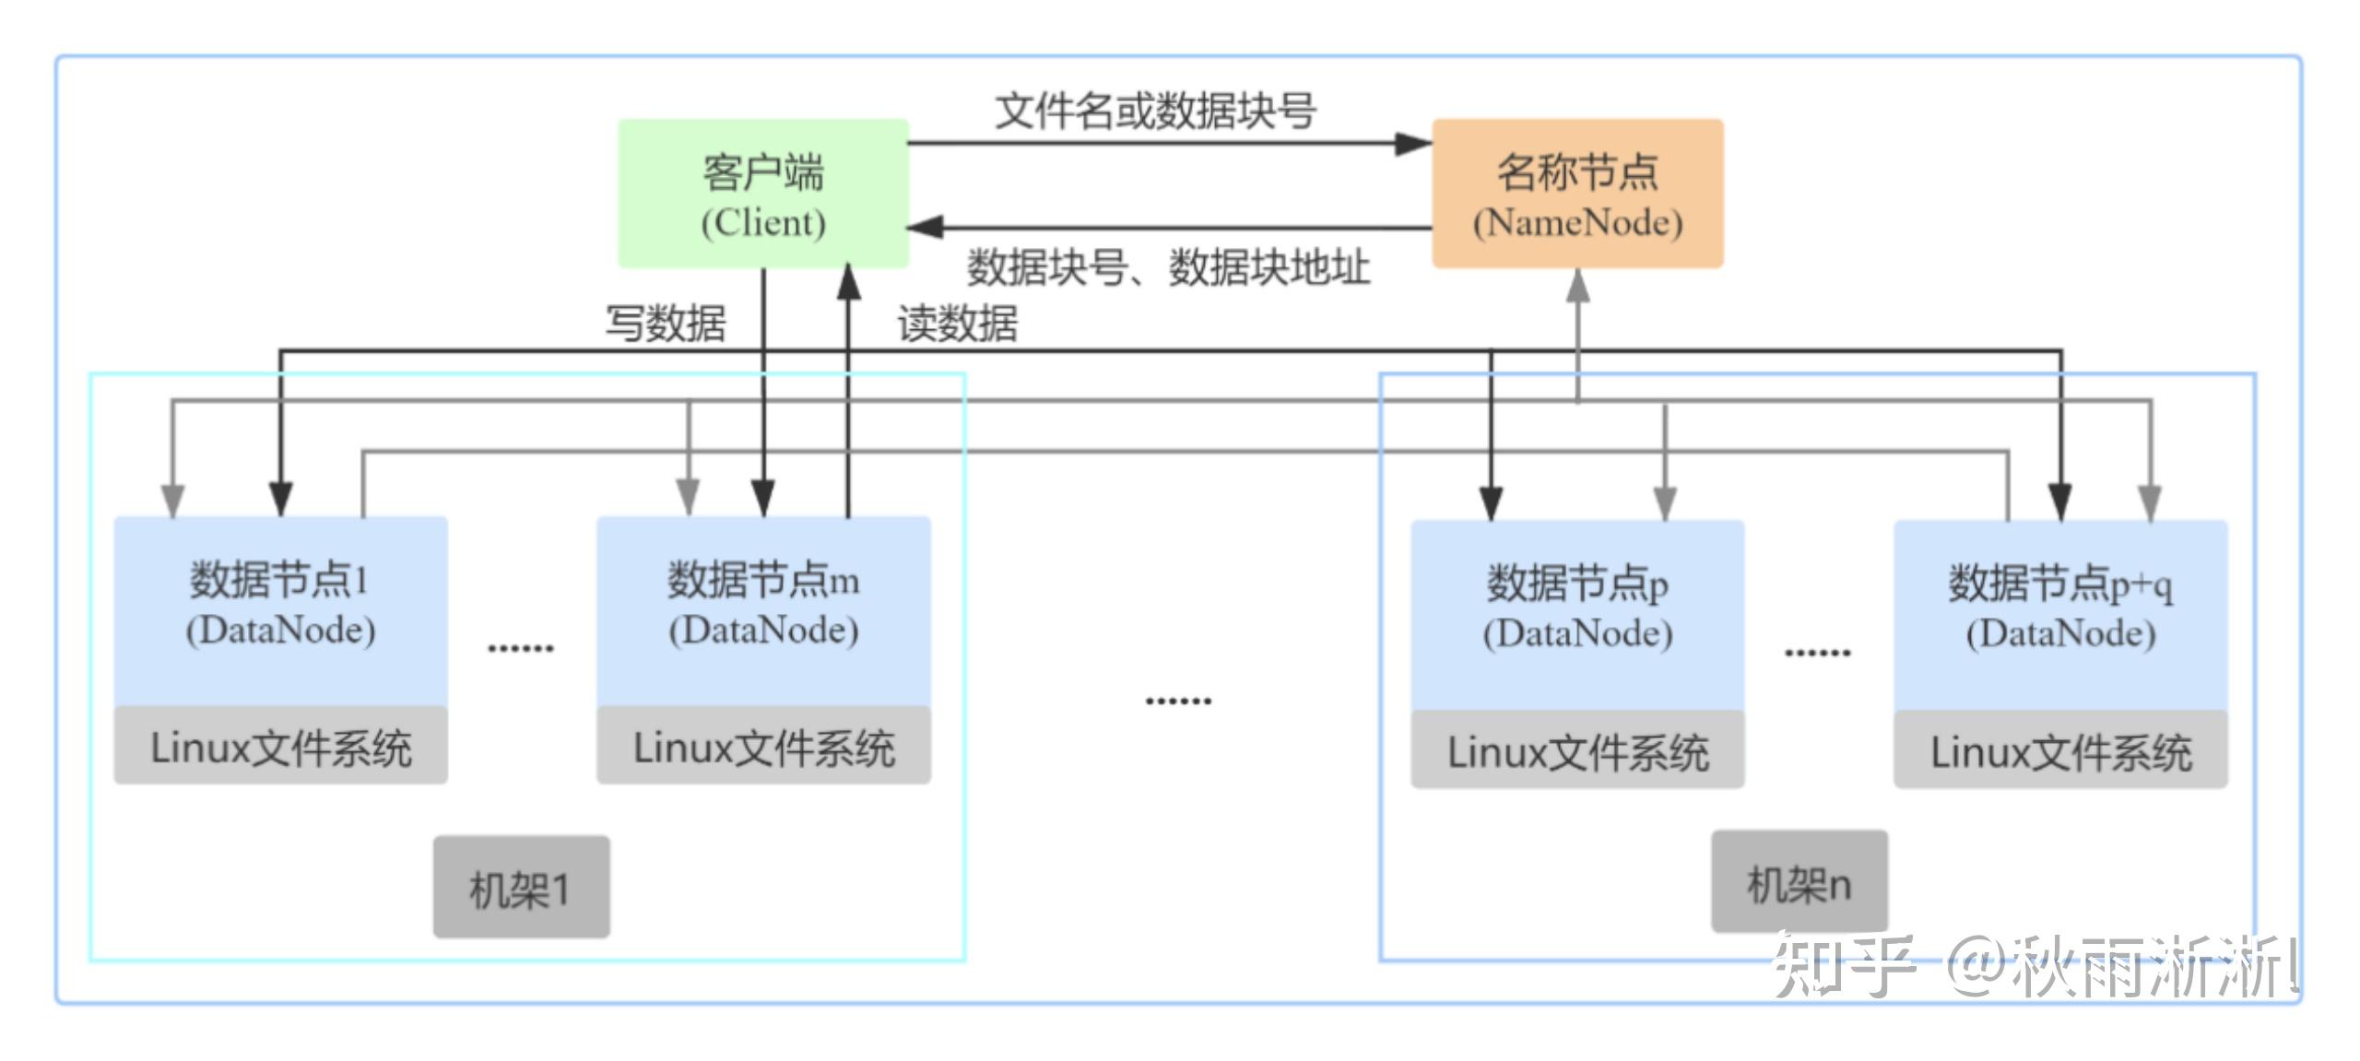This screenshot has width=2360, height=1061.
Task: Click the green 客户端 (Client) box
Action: [x=762, y=194]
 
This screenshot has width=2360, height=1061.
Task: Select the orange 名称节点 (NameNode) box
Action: [x=1577, y=194]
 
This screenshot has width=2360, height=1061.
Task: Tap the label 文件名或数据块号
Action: [x=1154, y=112]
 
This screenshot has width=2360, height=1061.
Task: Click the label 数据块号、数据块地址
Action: [x=1167, y=268]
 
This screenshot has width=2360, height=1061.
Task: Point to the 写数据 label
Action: [x=665, y=324]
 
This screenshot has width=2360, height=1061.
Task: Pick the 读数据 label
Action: [x=957, y=324]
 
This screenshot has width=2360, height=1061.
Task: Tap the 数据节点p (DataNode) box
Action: [x=1577, y=614]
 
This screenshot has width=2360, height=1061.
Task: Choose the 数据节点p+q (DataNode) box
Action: [x=2060, y=614]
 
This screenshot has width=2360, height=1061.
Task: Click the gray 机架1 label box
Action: [x=521, y=888]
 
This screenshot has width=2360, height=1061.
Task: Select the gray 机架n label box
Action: [x=1799, y=882]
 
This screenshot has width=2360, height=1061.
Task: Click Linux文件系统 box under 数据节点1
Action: [x=280, y=747]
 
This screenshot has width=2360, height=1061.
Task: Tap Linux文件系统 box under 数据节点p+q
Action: [x=2060, y=750]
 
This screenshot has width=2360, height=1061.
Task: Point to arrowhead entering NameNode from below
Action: [x=1578, y=286]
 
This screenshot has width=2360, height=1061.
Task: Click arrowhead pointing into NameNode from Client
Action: [x=1412, y=143]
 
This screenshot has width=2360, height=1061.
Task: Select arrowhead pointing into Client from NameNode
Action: [x=926, y=227]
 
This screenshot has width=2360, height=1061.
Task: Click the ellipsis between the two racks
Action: [x=1178, y=701]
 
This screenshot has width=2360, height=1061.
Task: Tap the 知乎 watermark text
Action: [x=1844, y=966]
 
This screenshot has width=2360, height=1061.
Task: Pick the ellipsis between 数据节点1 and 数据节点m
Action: [x=521, y=648]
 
